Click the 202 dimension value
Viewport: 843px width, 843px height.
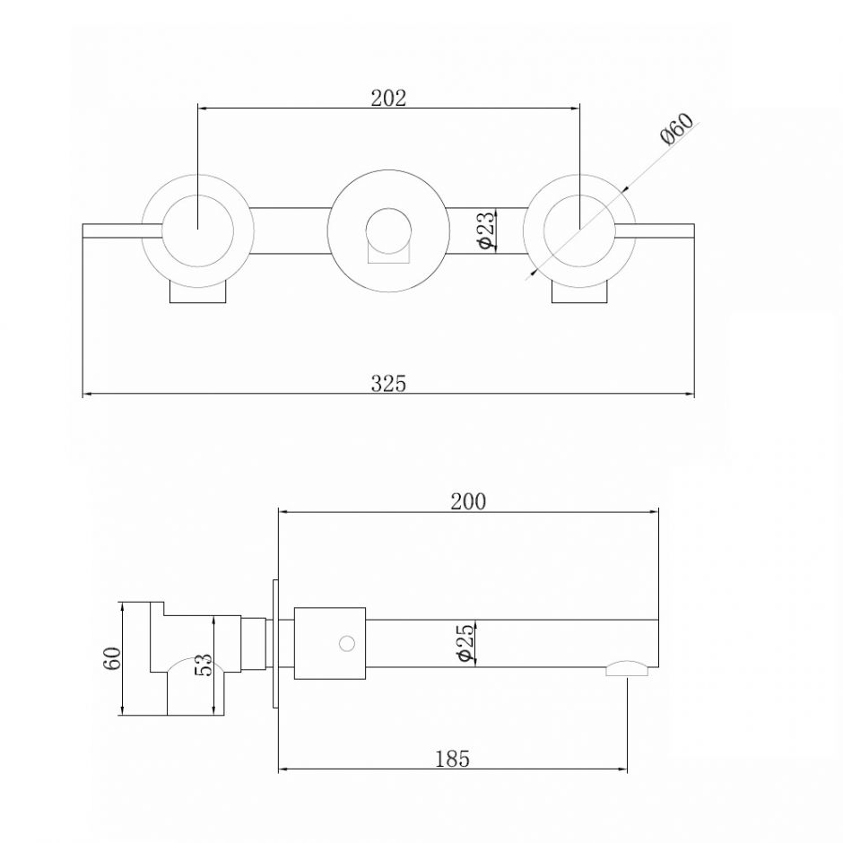pyautogui.click(x=388, y=98)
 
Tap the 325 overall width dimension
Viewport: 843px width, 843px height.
pyautogui.click(x=388, y=383)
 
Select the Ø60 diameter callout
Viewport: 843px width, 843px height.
pyautogui.click(x=677, y=129)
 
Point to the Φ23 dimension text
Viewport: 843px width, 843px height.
pyautogui.click(x=485, y=230)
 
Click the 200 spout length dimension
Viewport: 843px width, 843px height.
pyautogui.click(x=468, y=501)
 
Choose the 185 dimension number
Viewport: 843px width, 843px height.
pyautogui.click(x=452, y=759)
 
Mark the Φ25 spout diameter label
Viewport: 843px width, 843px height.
pyautogui.click(x=465, y=642)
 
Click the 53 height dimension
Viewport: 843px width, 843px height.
pyautogui.click(x=204, y=665)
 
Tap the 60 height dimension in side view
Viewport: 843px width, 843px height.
pyautogui.click(x=112, y=658)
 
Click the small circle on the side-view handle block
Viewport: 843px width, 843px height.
pyautogui.click(x=347, y=643)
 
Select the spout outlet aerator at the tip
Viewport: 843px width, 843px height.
pyautogui.click(x=627, y=668)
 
